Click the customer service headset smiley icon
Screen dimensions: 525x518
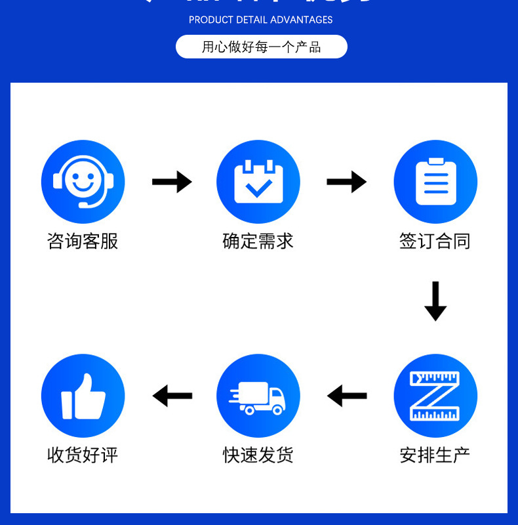coord(83,182)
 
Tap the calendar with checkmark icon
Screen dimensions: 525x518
coord(258,182)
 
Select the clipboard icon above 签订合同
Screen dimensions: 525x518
coord(435,182)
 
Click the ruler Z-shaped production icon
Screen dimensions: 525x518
coord(435,396)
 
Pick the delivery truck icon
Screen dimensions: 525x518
coord(258,396)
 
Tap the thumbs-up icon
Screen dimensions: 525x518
coord(83,396)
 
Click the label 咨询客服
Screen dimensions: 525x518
coord(83,241)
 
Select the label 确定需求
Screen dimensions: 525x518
coord(258,241)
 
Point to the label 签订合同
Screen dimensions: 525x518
coord(435,241)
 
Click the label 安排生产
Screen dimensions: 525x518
coord(435,454)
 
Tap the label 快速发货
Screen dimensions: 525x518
coord(258,454)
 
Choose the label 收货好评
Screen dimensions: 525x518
coord(83,454)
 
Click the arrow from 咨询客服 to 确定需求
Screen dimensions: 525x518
coord(172,182)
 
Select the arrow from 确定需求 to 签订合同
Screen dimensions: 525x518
coord(347,182)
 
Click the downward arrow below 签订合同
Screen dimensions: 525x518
coord(435,301)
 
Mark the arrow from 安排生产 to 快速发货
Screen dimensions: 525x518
coord(347,396)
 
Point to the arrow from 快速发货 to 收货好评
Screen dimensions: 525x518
coord(172,396)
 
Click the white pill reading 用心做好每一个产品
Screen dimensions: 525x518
coord(261,47)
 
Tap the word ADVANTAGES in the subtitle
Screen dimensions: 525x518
coord(301,20)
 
